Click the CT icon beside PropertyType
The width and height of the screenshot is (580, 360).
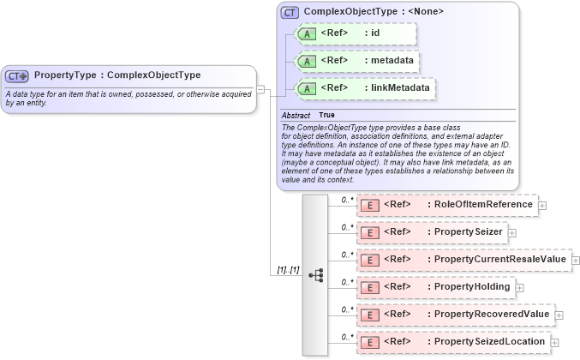pos(18,75)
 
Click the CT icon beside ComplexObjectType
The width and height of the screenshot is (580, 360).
pos(290,12)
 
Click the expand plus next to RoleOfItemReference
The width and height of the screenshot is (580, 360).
pos(542,206)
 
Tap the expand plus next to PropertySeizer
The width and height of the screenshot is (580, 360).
pos(512,232)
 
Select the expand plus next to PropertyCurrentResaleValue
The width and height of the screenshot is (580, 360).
pos(576,260)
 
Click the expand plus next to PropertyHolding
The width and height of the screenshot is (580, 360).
pos(519,287)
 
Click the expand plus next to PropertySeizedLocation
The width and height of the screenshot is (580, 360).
pos(554,343)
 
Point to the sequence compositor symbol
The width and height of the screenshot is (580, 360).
pos(315,274)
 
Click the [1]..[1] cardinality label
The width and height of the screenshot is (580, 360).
pos(288,270)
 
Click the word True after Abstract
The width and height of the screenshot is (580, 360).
pos(326,115)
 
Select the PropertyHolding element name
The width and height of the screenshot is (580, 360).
pos(469,286)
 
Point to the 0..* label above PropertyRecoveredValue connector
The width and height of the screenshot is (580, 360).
pos(348,309)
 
